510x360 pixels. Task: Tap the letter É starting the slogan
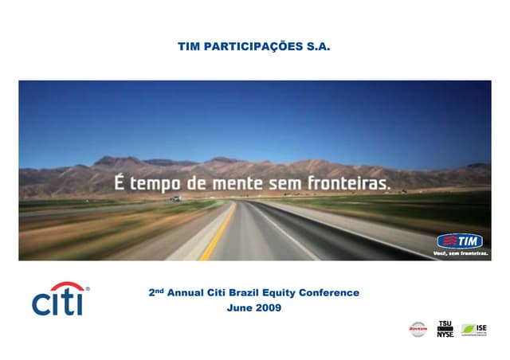(120, 182)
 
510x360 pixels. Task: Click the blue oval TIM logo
(462, 241)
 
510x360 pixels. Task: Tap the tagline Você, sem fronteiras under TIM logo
(461, 254)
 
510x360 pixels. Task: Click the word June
(241, 308)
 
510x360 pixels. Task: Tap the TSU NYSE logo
(445, 329)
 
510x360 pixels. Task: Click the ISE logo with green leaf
(474, 329)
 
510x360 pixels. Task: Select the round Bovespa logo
(418, 329)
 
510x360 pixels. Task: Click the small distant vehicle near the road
(177, 198)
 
